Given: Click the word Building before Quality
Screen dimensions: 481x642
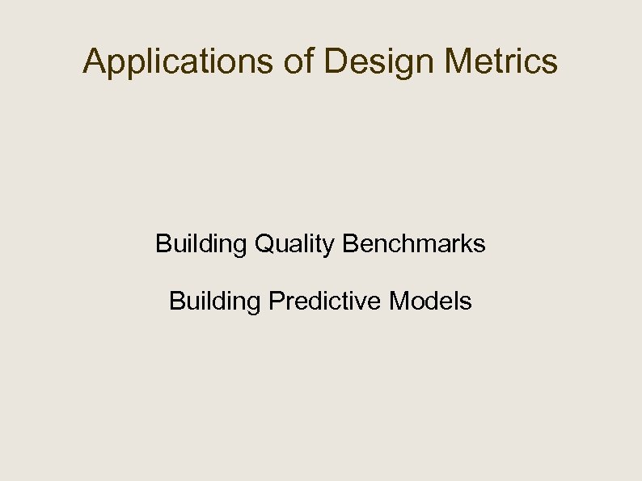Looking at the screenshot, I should point(201,243).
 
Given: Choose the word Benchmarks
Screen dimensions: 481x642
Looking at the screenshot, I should point(414,243).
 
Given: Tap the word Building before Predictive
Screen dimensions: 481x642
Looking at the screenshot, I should point(215,302).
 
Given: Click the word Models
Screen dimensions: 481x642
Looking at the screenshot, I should point(431,302).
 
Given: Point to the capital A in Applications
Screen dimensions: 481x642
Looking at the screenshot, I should point(94,61).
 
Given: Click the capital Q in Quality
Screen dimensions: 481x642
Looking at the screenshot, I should point(264,243).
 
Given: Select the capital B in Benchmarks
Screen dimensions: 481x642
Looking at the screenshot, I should point(350,243).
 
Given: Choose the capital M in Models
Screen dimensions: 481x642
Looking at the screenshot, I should point(399,302).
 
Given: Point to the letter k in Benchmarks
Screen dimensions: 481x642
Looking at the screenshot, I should point(467,243).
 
